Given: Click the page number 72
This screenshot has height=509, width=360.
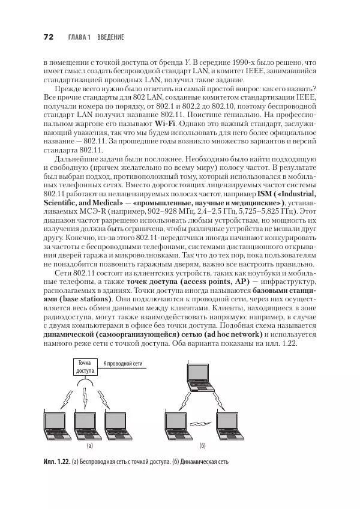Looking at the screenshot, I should pyautogui.click(x=49, y=37).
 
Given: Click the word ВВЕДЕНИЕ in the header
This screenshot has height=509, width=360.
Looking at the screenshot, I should pyautogui.click(x=109, y=37).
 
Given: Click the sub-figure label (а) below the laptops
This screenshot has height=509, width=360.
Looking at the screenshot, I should pyautogui.click(x=89, y=446).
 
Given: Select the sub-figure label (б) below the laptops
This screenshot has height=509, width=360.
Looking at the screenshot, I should pyautogui.click(x=202, y=446).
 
